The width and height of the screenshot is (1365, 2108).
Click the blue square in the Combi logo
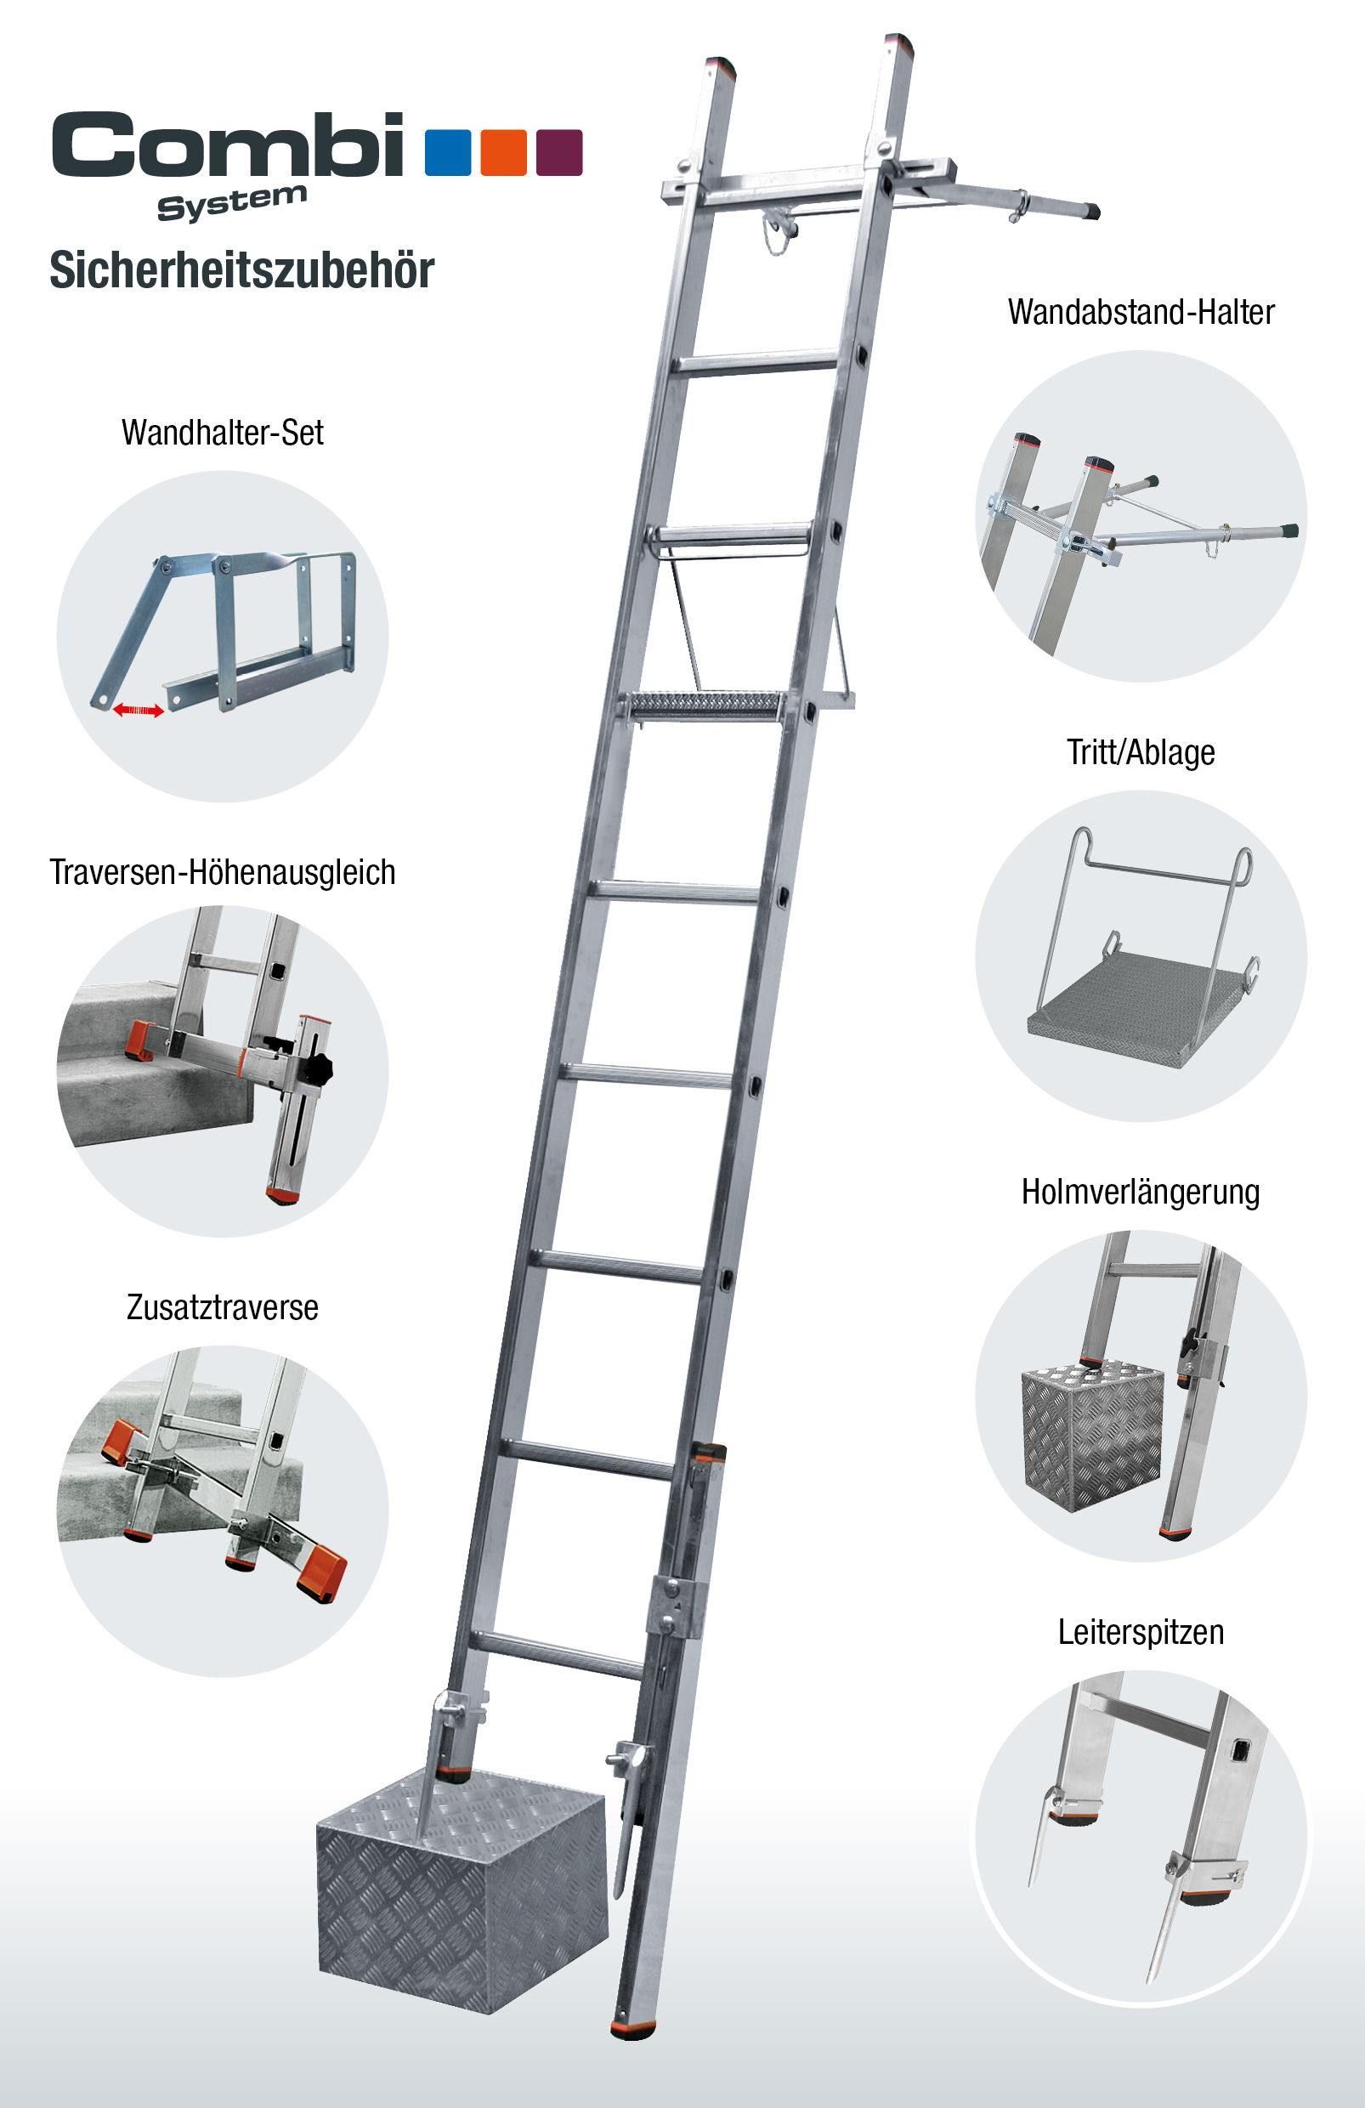click(447, 152)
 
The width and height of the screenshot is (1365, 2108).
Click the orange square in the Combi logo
click(503, 152)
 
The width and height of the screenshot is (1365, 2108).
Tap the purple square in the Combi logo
click(559, 152)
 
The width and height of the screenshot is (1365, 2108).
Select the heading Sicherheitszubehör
click(242, 269)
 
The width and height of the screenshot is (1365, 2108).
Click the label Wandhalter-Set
click(223, 433)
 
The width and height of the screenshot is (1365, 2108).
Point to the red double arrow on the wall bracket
click(139, 711)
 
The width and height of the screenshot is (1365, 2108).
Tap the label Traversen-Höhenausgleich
click(223, 872)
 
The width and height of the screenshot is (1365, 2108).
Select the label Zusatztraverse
click(223, 1307)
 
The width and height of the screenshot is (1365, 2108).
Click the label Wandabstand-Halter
click(1141, 312)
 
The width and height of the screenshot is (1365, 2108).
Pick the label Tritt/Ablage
click(1141, 752)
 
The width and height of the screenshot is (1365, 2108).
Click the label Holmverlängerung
click(1141, 1193)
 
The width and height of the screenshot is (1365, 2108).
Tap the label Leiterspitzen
click(1141, 1632)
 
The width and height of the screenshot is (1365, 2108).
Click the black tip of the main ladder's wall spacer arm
click(1094, 212)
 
